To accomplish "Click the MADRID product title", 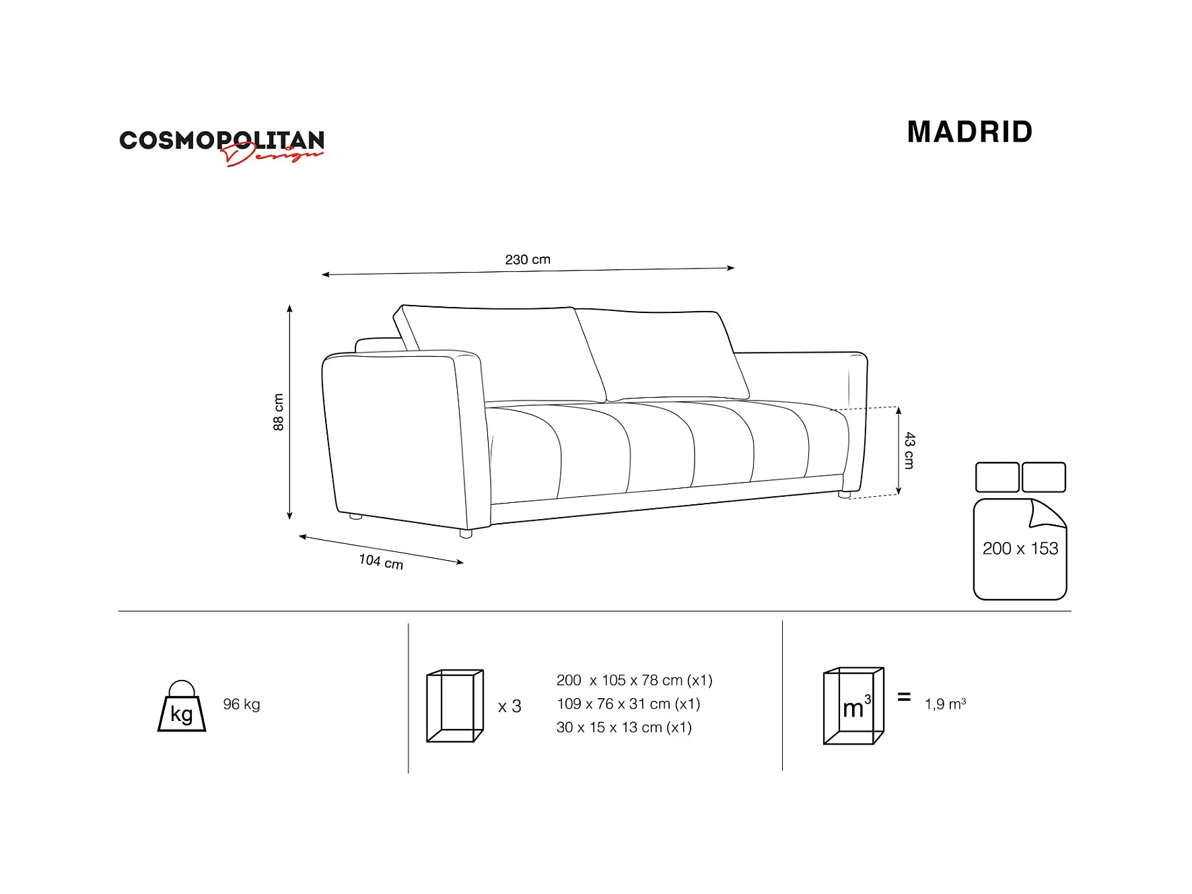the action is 969,132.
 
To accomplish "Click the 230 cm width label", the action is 528,260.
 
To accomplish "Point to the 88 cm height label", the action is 278,412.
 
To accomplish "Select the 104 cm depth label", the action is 381,561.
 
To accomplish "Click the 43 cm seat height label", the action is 909,450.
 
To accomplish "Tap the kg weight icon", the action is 182,707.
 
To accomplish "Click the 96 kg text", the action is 242,704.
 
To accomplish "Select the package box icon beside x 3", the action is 455,706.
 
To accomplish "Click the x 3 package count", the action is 510,706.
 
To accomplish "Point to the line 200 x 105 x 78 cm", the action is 634,681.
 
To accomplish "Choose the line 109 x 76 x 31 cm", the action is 628,704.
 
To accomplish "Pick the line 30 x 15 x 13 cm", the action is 624,728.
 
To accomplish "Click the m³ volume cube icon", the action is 853,706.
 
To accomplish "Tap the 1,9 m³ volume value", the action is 945,704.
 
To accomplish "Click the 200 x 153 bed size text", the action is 1020,549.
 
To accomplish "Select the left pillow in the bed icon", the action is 997,477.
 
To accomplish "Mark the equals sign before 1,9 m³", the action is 904,697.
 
